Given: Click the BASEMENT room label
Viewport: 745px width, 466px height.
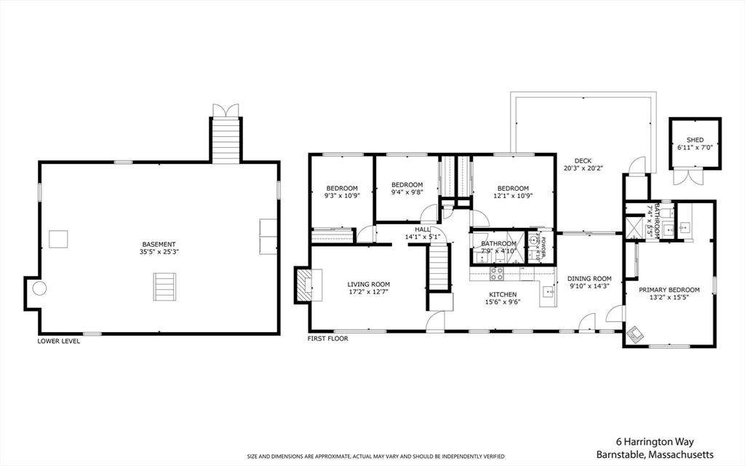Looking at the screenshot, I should (159, 245).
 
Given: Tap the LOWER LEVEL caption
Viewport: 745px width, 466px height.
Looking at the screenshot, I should (59, 341).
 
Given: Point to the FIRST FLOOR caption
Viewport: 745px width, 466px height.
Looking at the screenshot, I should (328, 339).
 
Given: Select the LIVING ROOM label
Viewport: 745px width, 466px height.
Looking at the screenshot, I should (368, 285).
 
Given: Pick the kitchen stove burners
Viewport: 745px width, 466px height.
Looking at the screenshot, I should (498, 274).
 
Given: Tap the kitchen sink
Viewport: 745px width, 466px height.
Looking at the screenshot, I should (548, 293).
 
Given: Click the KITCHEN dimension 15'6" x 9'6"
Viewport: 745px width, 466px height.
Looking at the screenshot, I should (503, 302).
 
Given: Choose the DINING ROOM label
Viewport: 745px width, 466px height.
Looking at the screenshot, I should (589, 279).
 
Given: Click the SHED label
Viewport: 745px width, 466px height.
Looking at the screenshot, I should (695, 140).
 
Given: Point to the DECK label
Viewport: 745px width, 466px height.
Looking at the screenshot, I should (583, 161).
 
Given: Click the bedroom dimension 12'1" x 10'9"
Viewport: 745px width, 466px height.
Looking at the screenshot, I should (513, 196).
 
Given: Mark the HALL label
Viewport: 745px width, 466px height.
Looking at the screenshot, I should (423, 229).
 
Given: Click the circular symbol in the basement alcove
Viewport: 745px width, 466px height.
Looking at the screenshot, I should (39, 288).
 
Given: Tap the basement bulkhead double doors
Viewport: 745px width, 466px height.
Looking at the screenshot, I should (226, 110).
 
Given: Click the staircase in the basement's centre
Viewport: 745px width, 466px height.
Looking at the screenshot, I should (164, 286).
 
